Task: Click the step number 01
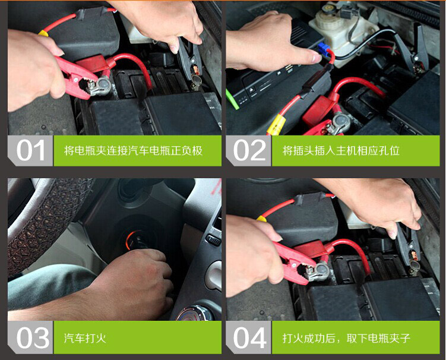point(30,151)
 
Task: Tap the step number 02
point(249,151)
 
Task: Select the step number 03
point(30,337)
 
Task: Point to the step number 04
point(249,337)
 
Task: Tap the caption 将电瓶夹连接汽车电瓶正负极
point(133,151)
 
